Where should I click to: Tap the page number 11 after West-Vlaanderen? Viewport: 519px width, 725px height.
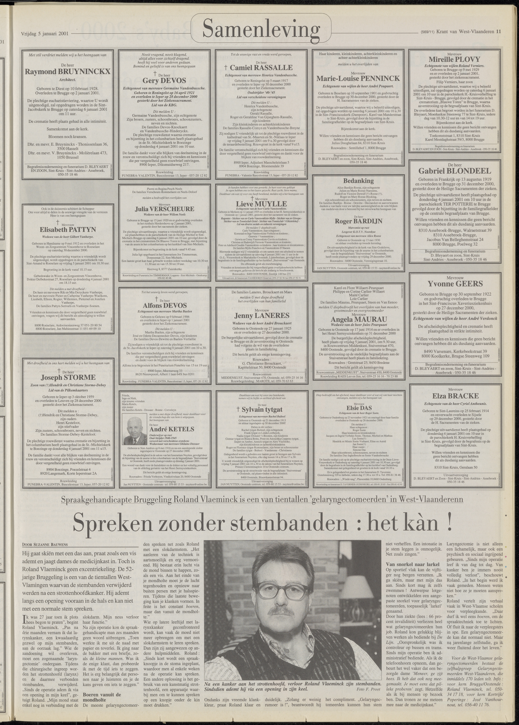pos(498,31)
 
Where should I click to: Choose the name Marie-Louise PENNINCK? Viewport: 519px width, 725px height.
pos(358,78)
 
